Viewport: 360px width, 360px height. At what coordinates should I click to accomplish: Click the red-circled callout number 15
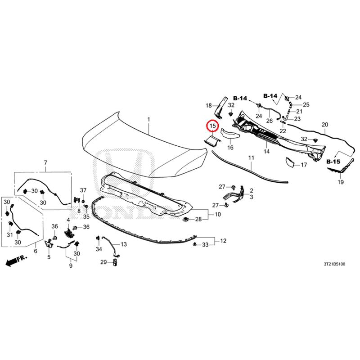pyautogui.click(x=213, y=126)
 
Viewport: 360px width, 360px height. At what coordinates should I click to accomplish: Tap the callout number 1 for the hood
pyautogui.click(x=149, y=120)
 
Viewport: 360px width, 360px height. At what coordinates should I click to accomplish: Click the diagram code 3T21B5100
pyautogui.click(x=334, y=264)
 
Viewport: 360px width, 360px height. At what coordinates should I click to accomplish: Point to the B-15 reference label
pyautogui.click(x=333, y=162)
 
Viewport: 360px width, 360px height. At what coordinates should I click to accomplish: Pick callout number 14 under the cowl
pyautogui.click(x=266, y=151)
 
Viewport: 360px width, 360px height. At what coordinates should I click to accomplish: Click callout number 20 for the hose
pyautogui.click(x=325, y=125)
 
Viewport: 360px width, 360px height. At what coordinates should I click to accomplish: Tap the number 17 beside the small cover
pyautogui.click(x=304, y=165)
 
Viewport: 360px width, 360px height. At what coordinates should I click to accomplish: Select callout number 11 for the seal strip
pyautogui.click(x=252, y=158)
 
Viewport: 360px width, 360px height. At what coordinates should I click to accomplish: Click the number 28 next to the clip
pyautogui.click(x=198, y=219)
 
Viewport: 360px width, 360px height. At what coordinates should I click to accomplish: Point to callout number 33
pyautogui.click(x=205, y=245)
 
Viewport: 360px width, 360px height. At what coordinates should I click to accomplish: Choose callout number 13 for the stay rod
pyautogui.click(x=124, y=244)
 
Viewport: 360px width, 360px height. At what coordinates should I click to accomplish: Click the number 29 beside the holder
pyautogui.click(x=103, y=262)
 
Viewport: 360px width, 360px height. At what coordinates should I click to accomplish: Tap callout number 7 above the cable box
pyautogui.click(x=45, y=163)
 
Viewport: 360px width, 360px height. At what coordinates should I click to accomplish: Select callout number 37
pyautogui.click(x=83, y=190)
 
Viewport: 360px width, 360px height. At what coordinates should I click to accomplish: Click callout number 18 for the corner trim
pyautogui.click(x=208, y=106)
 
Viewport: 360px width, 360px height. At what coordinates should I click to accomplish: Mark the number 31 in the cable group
pyautogui.click(x=9, y=234)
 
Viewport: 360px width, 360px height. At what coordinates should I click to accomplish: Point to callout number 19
pyautogui.click(x=341, y=182)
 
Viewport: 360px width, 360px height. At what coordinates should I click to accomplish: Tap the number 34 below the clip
pyautogui.click(x=99, y=249)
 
